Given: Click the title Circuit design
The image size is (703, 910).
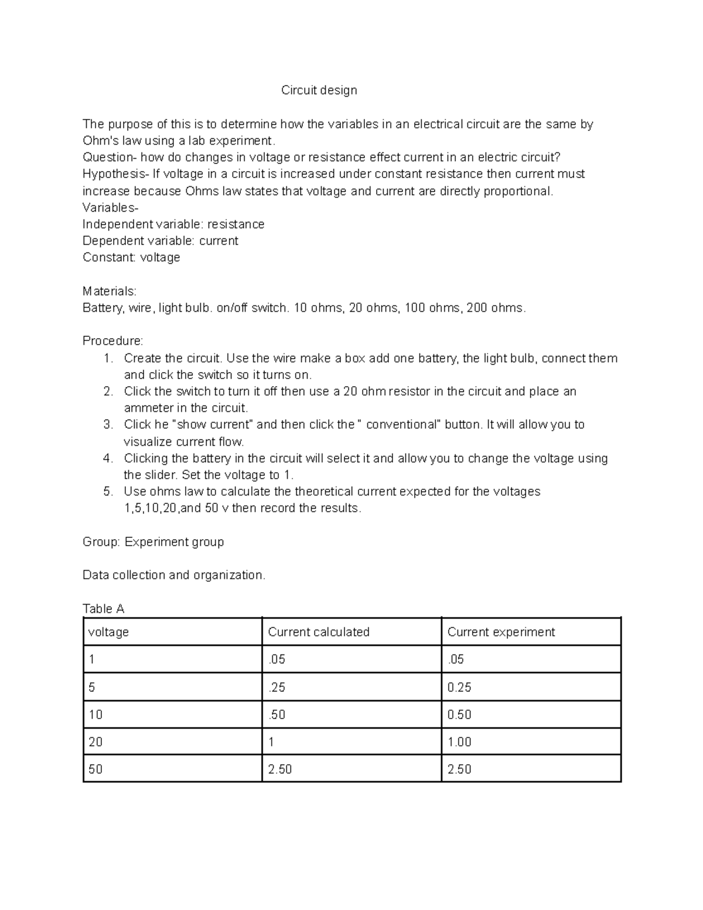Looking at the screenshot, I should pyautogui.click(x=319, y=90).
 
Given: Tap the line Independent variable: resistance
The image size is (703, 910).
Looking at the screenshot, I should pyautogui.click(x=173, y=224).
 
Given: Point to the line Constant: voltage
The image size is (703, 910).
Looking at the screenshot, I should pyautogui.click(x=131, y=257).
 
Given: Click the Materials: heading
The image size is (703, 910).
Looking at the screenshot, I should pyautogui.click(x=110, y=291).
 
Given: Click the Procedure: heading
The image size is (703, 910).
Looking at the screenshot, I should pyautogui.click(x=112, y=341).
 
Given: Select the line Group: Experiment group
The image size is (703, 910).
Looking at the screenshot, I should pyautogui.click(x=153, y=542).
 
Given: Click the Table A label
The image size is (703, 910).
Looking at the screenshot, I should pyautogui.click(x=103, y=609).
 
